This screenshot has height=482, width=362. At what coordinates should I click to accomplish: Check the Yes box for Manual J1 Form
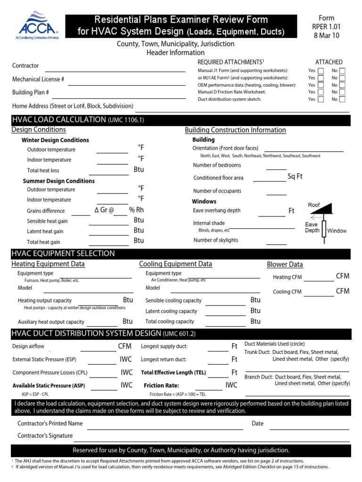[x=321, y=71]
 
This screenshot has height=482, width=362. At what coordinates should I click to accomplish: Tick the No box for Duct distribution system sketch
[x=342, y=99]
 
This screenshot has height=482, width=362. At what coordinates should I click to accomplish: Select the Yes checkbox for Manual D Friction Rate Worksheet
[x=321, y=92]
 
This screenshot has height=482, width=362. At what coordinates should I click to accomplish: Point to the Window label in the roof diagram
[x=337, y=231]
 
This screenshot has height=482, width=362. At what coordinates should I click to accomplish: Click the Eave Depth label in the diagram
[x=312, y=227]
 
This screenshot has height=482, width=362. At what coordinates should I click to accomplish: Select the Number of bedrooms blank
[x=276, y=169]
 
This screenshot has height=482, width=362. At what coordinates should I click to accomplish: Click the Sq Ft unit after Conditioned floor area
[x=295, y=177]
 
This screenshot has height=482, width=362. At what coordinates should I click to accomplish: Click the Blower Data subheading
[x=285, y=265]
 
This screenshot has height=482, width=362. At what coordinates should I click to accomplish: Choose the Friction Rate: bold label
[x=161, y=386]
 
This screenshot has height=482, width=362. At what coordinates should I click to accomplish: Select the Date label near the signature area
[x=257, y=424]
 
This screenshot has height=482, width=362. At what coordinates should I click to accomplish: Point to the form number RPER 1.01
[x=326, y=27]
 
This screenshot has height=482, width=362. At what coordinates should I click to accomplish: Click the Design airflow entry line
[x=98, y=350]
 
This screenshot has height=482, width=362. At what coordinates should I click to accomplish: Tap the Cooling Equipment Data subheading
[x=175, y=264]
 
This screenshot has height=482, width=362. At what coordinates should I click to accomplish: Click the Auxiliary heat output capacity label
[x=51, y=322]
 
